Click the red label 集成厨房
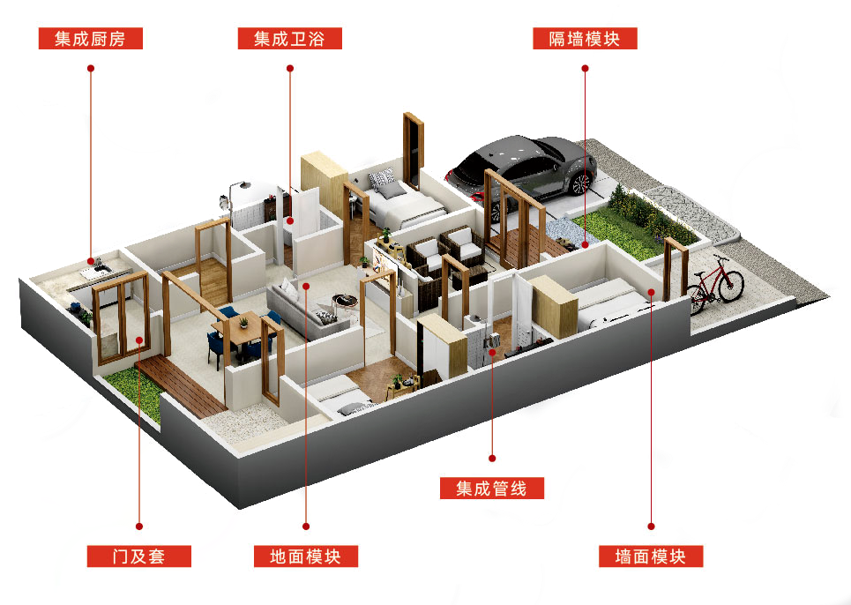pos(90,39)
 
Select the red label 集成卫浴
pos(289,39)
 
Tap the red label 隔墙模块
pos(585,39)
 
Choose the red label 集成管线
pos(492,488)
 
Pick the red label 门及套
pos(138,556)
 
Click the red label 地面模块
pos(305,556)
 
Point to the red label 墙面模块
pos(650,556)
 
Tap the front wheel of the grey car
pos(580,183)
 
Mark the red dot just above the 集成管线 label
pos(492,459)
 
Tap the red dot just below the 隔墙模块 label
pos(584,67)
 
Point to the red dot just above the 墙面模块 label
pos(650,527)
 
